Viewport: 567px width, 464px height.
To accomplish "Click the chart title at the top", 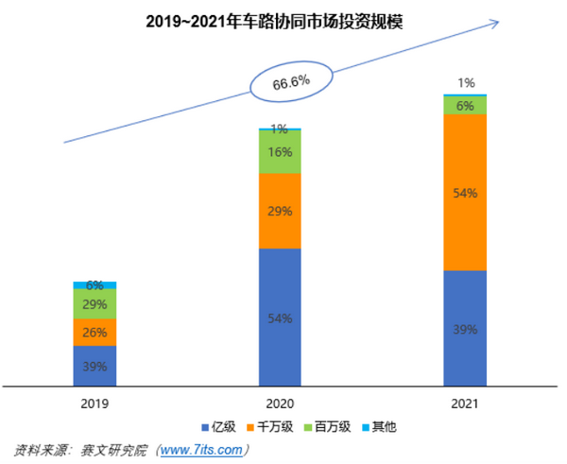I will [283, 19].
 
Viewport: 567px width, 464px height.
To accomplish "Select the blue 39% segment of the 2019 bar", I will [94, 366].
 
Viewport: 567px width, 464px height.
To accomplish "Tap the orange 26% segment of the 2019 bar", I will [94, 332].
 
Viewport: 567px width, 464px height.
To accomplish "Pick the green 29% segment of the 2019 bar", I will [94, 303].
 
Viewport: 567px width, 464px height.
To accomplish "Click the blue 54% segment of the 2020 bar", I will [280, 318].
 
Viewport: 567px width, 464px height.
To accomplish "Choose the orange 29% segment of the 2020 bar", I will [280, 211].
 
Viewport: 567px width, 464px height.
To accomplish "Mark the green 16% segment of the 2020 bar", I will [280, 151].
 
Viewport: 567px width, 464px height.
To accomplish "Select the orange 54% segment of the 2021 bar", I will [465, 193].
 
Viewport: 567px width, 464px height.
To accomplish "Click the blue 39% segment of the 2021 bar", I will [465, 329].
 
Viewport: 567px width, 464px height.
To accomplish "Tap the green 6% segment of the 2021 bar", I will [465, 105].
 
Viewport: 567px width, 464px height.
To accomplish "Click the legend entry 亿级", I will [219, 427].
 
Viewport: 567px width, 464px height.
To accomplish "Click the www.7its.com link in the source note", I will [203, 449].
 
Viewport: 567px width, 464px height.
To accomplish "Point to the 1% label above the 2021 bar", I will [465, 83].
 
